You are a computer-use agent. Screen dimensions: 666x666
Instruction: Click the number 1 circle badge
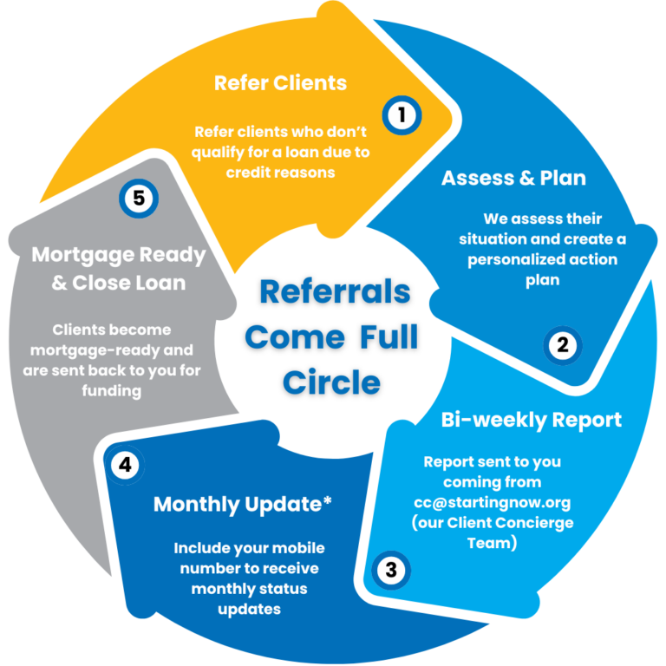401,114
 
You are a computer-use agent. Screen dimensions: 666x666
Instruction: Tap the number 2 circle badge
563,346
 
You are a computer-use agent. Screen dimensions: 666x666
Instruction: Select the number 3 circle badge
391,570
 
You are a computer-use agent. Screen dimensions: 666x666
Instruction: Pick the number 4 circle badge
126,465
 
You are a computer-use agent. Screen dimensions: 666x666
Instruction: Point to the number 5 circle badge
138,198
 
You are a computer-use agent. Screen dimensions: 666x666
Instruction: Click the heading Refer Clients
280,83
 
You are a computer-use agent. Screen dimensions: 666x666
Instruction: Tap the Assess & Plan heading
513,178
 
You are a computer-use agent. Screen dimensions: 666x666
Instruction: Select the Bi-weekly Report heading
531,420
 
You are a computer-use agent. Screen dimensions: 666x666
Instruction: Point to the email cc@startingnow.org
493,502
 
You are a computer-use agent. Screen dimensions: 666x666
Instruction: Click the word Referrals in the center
335,291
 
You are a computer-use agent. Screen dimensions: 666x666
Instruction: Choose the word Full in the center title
389,336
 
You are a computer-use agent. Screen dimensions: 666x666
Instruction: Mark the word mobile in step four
293,548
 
